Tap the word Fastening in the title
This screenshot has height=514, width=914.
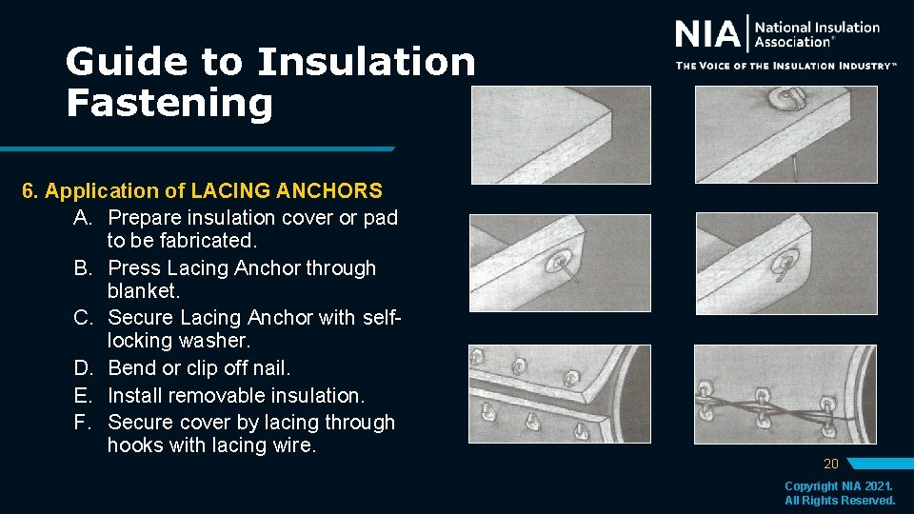169,103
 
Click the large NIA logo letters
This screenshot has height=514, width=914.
707,35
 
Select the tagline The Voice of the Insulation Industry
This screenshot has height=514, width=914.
785,66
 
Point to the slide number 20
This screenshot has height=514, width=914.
830,465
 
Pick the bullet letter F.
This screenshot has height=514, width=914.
84,422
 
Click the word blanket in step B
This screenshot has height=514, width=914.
144,291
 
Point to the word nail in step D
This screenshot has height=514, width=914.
270,367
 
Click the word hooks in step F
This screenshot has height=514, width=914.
135,445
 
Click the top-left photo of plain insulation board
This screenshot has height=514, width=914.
561,133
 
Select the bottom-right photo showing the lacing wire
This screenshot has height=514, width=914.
785,394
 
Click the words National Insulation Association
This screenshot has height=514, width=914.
816,34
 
